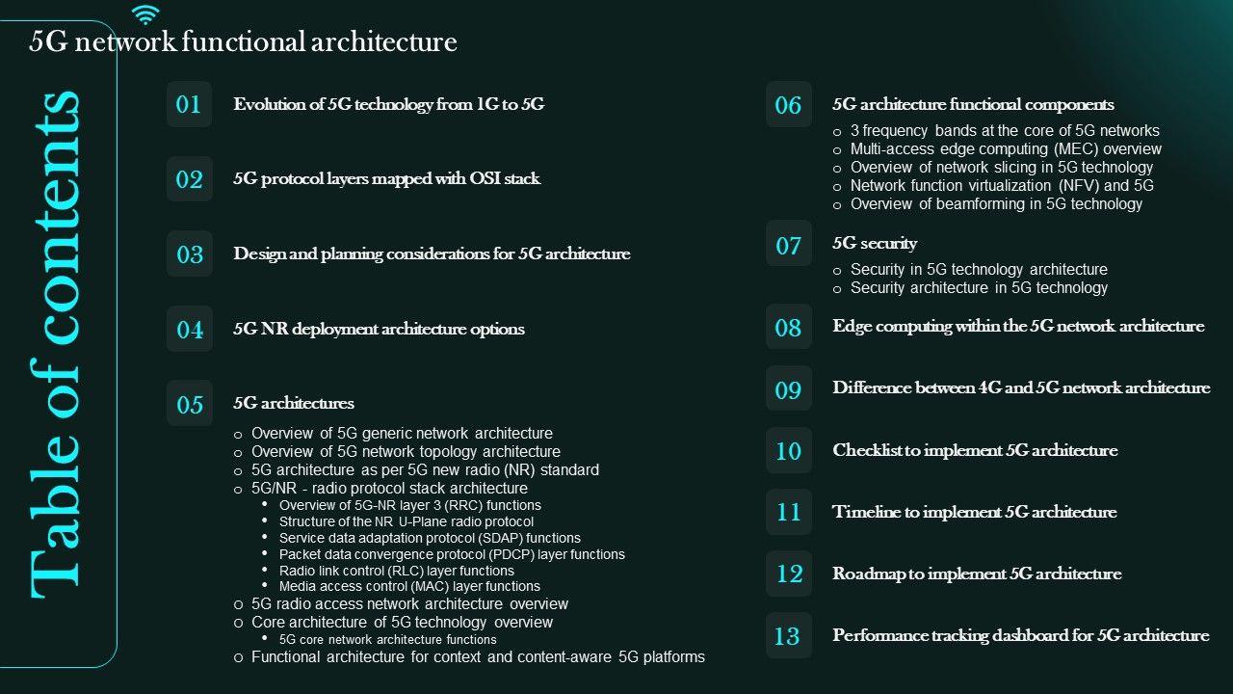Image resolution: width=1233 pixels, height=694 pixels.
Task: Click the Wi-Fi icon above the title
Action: pyautogui.click(x=145, y=14)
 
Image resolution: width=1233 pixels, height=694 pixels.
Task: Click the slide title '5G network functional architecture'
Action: pyautogui.click(x=243, y=42)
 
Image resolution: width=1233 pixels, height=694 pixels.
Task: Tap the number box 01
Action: pyautogui.click(x=189, y=104)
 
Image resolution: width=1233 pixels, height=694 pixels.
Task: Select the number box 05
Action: pyautogui.click(x=189, y=405)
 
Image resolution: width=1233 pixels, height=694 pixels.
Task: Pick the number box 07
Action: pyautogui.click(x=788, y=245)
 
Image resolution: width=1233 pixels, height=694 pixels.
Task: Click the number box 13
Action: pyautogui.click(x=788, y=636)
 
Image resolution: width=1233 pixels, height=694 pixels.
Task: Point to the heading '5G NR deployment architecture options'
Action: pyautogui.click(x=379, y=329)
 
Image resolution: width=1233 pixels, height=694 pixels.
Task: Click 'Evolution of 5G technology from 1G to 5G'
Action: pyautogui.click(x=388, y=104)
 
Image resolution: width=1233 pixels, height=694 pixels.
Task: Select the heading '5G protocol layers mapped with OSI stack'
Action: pyautogui.click(x=386, y=178)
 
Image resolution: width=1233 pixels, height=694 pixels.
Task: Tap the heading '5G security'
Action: pyautogui.click(x=875, y=243)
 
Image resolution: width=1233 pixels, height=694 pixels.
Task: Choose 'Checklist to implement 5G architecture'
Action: pyautogui.click(x=975, y=450)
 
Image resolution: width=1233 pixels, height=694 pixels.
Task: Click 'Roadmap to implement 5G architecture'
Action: pyautogui.click(x=977, y=574)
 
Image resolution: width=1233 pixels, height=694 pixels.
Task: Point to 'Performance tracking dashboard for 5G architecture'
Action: pyautogui.click(x=1020, y=635)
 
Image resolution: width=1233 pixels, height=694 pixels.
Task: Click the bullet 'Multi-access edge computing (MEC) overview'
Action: pyautogui.click(x=1006, y=149)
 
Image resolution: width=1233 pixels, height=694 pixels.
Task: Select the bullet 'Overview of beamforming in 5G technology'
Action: pyautogui.click(x=996, y=204)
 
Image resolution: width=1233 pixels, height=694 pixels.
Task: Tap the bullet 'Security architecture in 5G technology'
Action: pyautogui.click(x=979, y=288)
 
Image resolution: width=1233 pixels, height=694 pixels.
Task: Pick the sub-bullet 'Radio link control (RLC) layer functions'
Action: pyautogui.click(x=396, y=571)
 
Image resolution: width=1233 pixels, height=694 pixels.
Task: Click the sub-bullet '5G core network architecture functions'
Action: pyautogui.click(x=387, y=640)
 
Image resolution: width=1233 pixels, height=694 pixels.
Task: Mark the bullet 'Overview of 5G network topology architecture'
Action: pyautogui.click(x=406, y=452)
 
